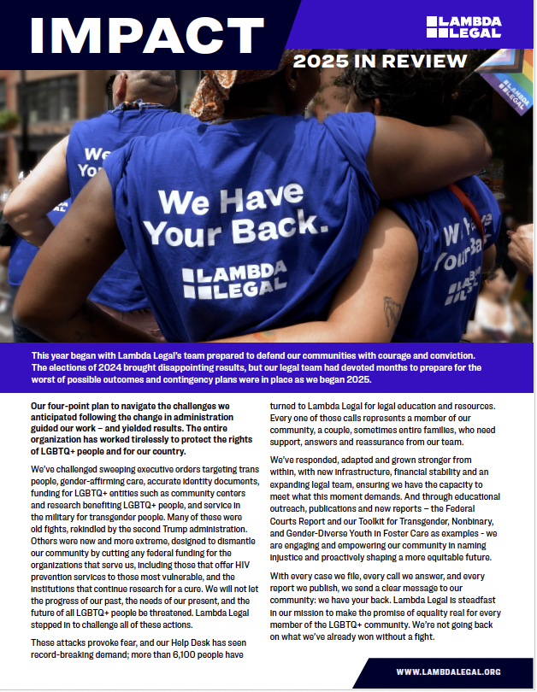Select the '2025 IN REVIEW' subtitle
pos(380,62)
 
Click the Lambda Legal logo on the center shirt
pos(234,283)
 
